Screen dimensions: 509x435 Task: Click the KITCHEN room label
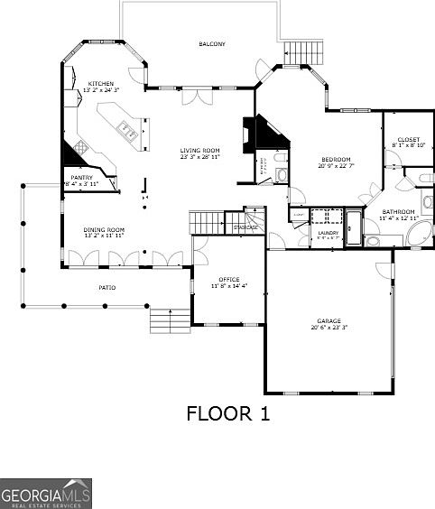point(100,83)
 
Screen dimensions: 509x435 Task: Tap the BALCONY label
point(212,44)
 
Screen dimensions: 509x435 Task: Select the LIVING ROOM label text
point(199,151)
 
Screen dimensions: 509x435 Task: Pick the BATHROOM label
point(398,212)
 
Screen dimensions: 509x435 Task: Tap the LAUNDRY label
point(328,233)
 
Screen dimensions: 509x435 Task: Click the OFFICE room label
point(229,280)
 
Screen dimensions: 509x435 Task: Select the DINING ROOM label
point(104,230)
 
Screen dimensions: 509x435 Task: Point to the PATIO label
point(106,288)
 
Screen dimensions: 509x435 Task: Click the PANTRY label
point(82,179)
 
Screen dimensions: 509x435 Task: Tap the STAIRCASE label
point(246,227)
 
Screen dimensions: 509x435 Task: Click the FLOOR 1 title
point(227,413)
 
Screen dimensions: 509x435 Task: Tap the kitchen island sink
point(130,134)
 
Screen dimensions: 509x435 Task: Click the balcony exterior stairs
point(303,54)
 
